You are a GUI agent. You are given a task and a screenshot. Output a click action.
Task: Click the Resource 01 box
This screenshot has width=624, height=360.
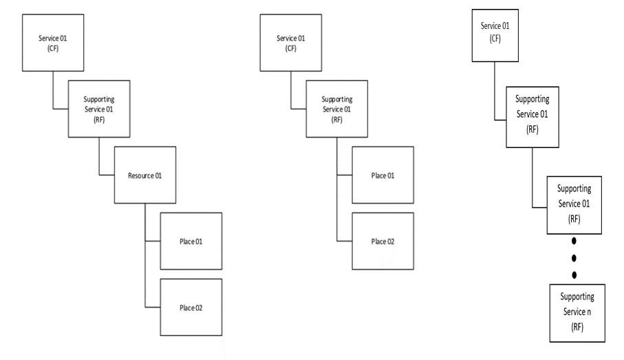(144, 175)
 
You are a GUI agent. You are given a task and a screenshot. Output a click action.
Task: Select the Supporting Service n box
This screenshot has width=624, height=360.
(577, 313)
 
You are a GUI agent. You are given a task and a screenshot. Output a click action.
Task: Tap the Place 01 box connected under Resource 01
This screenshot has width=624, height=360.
(191, 241)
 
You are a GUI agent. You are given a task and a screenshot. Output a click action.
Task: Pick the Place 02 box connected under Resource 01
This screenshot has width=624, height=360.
(191, 307)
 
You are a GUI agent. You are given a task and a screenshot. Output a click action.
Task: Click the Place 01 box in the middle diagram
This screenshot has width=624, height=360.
(383, 175)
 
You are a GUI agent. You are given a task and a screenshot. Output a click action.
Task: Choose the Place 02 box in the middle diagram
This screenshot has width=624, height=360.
(383, 241)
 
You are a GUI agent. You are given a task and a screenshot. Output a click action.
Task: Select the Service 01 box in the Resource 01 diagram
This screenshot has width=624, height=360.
(52, 43)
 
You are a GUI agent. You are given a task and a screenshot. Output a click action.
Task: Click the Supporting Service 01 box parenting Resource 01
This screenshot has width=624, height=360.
(98, 109)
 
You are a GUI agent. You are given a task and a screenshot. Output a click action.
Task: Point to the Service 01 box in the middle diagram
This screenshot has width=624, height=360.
(290, 43)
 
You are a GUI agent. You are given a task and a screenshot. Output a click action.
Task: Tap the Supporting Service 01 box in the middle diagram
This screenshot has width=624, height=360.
(336, 109)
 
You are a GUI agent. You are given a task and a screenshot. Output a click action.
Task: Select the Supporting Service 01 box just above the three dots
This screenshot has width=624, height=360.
(574, 204)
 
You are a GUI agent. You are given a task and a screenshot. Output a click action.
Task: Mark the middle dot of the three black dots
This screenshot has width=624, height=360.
(574, 259)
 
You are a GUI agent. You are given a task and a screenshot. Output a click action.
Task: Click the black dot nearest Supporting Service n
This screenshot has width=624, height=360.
(574, 275)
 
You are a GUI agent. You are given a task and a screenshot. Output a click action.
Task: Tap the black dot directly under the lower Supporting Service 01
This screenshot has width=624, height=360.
(574, 243)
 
